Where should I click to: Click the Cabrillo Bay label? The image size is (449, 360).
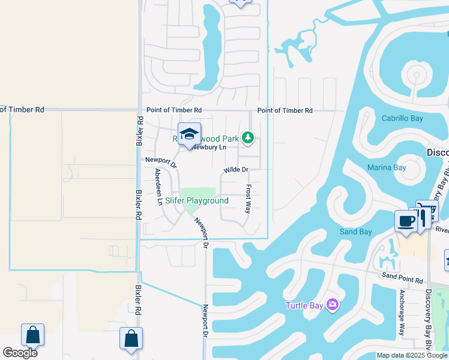pos(402,118)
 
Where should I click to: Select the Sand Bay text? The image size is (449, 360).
pos(356,232)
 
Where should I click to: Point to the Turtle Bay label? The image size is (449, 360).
pos(304,305)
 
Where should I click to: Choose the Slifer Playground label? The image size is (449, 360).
pos(197,200)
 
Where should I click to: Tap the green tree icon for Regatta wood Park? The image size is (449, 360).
pos(248,139)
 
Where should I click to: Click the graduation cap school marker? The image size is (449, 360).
pos(189,134)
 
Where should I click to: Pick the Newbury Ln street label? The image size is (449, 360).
pos(209,147)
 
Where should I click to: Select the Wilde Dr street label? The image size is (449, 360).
pos(236,170)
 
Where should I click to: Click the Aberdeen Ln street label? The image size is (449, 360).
pos(158,187)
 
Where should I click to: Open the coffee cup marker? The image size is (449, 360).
pos(406,221)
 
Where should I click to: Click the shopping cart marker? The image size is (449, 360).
pos(428,211)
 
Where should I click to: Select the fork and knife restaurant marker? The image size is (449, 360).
pos(420,217)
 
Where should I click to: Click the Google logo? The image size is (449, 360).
pos(20,353)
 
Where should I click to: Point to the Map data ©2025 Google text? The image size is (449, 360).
pos(412,355)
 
